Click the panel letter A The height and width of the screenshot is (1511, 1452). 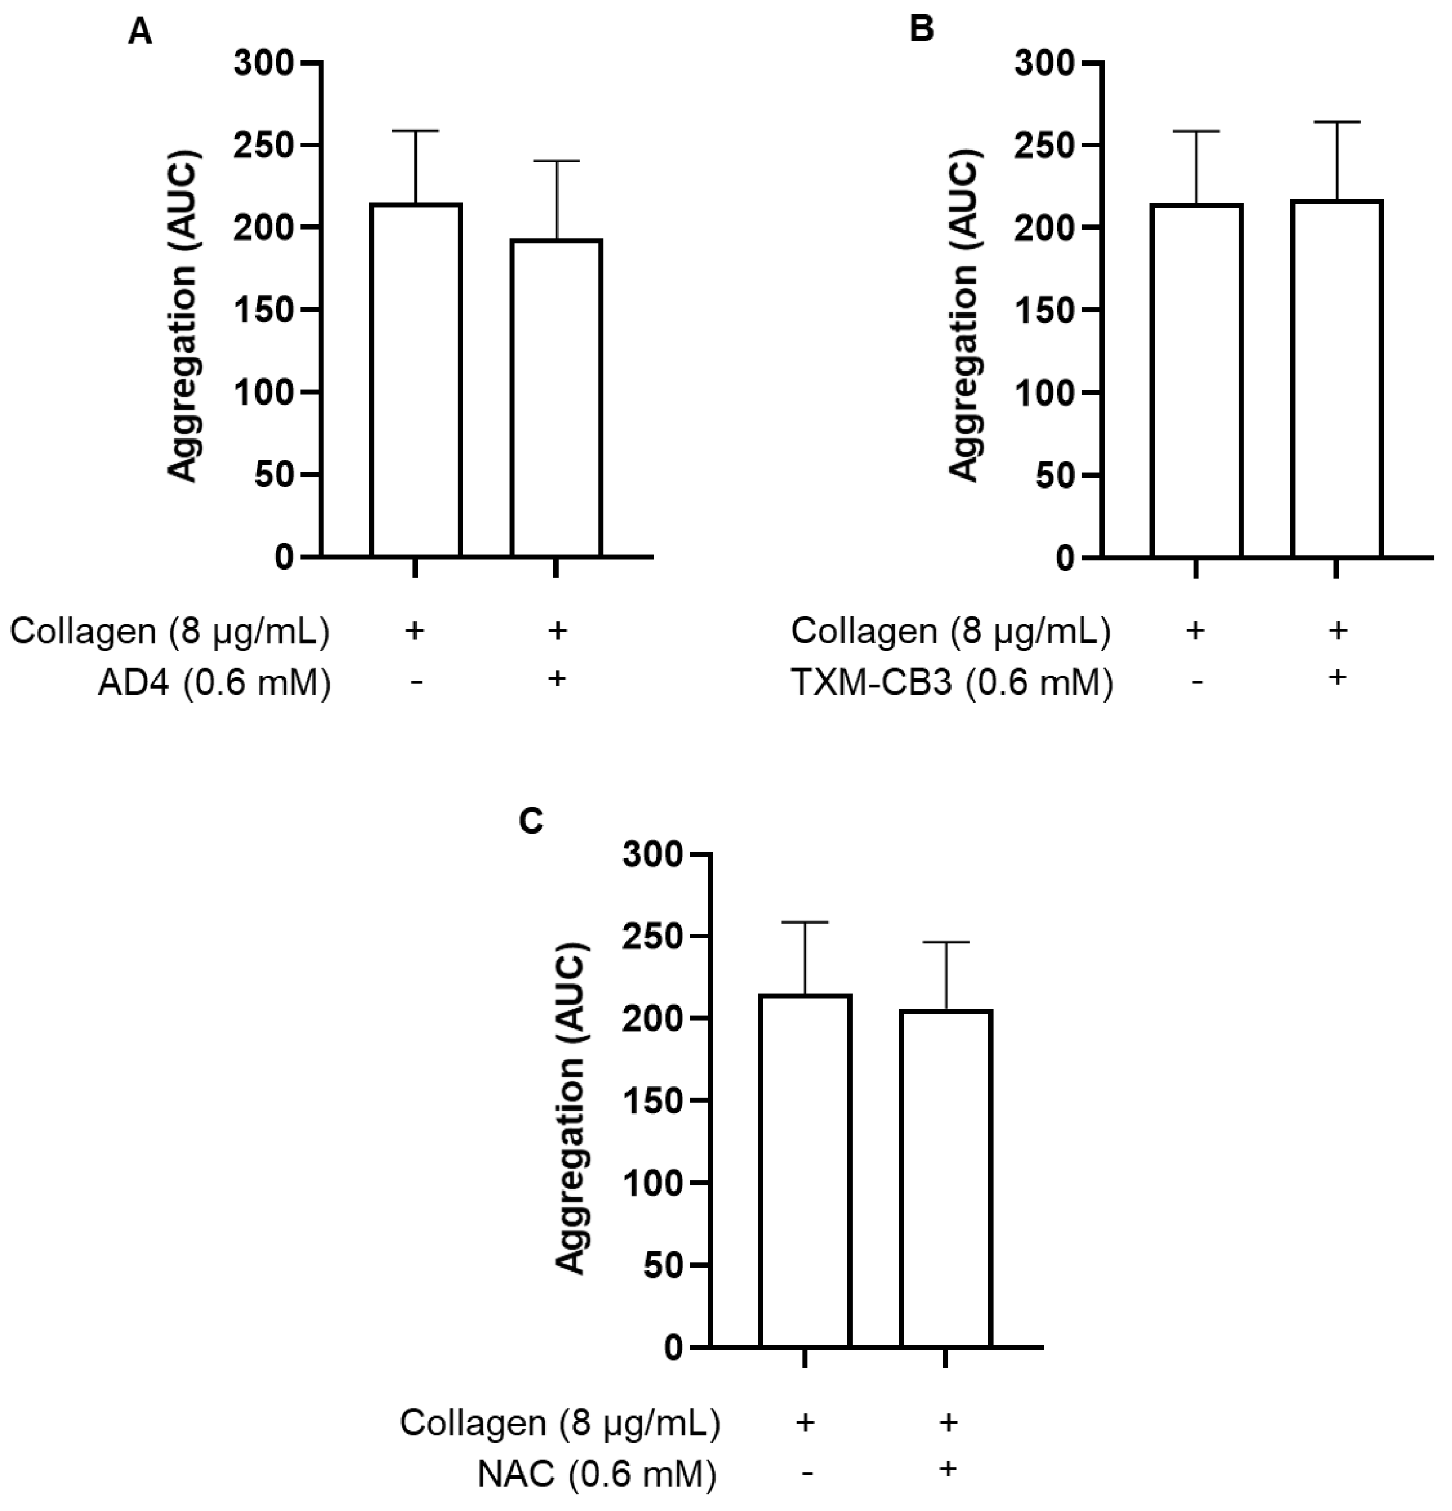click(x=139, y=32)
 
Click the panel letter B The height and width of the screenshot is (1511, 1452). click(x=922, y=29)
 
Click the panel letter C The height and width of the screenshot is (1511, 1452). click(x=531, y=822)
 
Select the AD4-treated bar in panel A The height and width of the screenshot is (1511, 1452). click(x=556, y=398)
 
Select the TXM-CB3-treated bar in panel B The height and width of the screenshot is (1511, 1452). click(x=1336, y=377)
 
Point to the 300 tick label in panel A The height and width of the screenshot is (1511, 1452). click(x=265, y=63)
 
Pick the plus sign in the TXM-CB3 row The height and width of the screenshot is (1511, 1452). click(x=1337, y=677)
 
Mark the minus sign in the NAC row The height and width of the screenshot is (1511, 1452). click(x=805, y=1473)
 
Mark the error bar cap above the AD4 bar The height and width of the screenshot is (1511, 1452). click(x=556, y=161)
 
